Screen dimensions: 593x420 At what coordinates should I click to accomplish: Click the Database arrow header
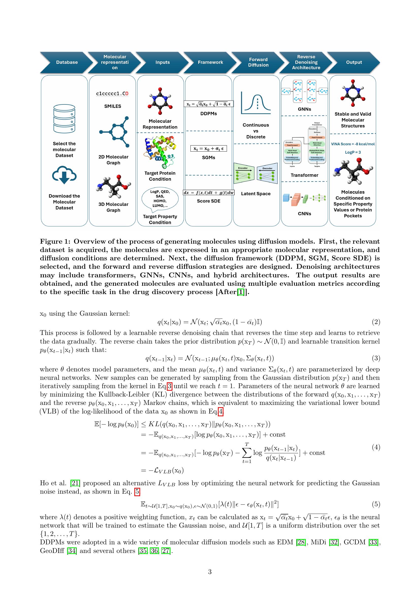click(x=67, y=62)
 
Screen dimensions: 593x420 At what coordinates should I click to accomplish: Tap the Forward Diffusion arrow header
click(x=258, y=62)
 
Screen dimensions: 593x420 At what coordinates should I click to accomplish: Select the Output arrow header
click(x=353, y=62)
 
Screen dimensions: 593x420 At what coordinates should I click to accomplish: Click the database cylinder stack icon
click(x=64, y=119)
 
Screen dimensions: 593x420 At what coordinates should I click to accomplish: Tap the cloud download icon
click(x=64, y=175)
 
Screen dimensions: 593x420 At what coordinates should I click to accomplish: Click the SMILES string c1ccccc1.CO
click(x=112, y=94)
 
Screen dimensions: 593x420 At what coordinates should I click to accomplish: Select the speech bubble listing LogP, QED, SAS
click(x=160, y=199)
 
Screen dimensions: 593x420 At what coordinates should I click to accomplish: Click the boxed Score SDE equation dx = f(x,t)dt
click(x=208, y=192)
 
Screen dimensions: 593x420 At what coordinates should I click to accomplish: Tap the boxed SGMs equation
click(x=208, y=149)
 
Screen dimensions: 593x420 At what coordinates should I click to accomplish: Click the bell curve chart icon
click(x=256, y=103)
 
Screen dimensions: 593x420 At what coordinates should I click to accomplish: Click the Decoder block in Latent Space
click(x=267, y=173)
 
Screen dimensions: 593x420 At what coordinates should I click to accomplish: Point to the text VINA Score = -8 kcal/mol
click(x=353, y=144)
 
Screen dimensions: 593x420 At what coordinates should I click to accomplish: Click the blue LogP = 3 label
click(x=353, y=152)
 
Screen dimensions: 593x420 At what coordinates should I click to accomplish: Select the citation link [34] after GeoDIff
click(x=72, y=551)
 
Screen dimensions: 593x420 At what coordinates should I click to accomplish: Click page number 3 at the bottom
click(x=210, y=572)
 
